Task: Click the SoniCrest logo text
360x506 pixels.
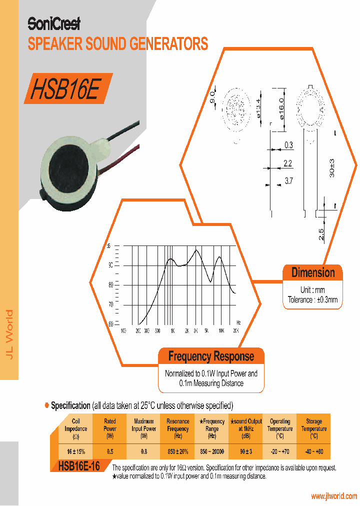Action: [x=53, y=24]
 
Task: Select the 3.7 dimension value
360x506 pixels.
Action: [x=288, y=181]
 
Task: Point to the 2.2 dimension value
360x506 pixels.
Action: [x=287, y=163]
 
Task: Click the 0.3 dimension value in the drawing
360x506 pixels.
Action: [x=288, y=145]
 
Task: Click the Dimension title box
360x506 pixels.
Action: [x=313, y=273]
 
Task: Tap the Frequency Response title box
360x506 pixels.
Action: [x=211, y=356]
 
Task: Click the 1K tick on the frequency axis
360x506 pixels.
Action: [x=171, y=331]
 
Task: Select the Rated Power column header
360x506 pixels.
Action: [x=110, y=428]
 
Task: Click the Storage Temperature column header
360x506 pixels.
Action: [x=314, y=428]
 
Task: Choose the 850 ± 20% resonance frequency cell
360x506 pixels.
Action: [x=178, y=451]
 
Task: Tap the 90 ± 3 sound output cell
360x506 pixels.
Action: [x=246, y=451]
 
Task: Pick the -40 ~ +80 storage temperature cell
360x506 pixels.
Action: [x=314, y=451]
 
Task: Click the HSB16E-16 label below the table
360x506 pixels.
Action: [x=79, y=466]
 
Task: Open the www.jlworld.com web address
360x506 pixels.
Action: [x=333, y=496]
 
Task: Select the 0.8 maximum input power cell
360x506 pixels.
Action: [x=144, y=451]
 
